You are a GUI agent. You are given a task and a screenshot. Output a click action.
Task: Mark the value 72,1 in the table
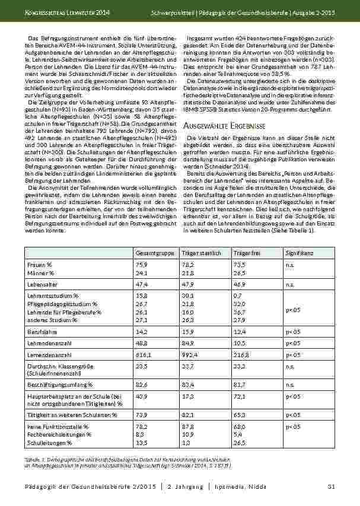[x=239, y=395]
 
